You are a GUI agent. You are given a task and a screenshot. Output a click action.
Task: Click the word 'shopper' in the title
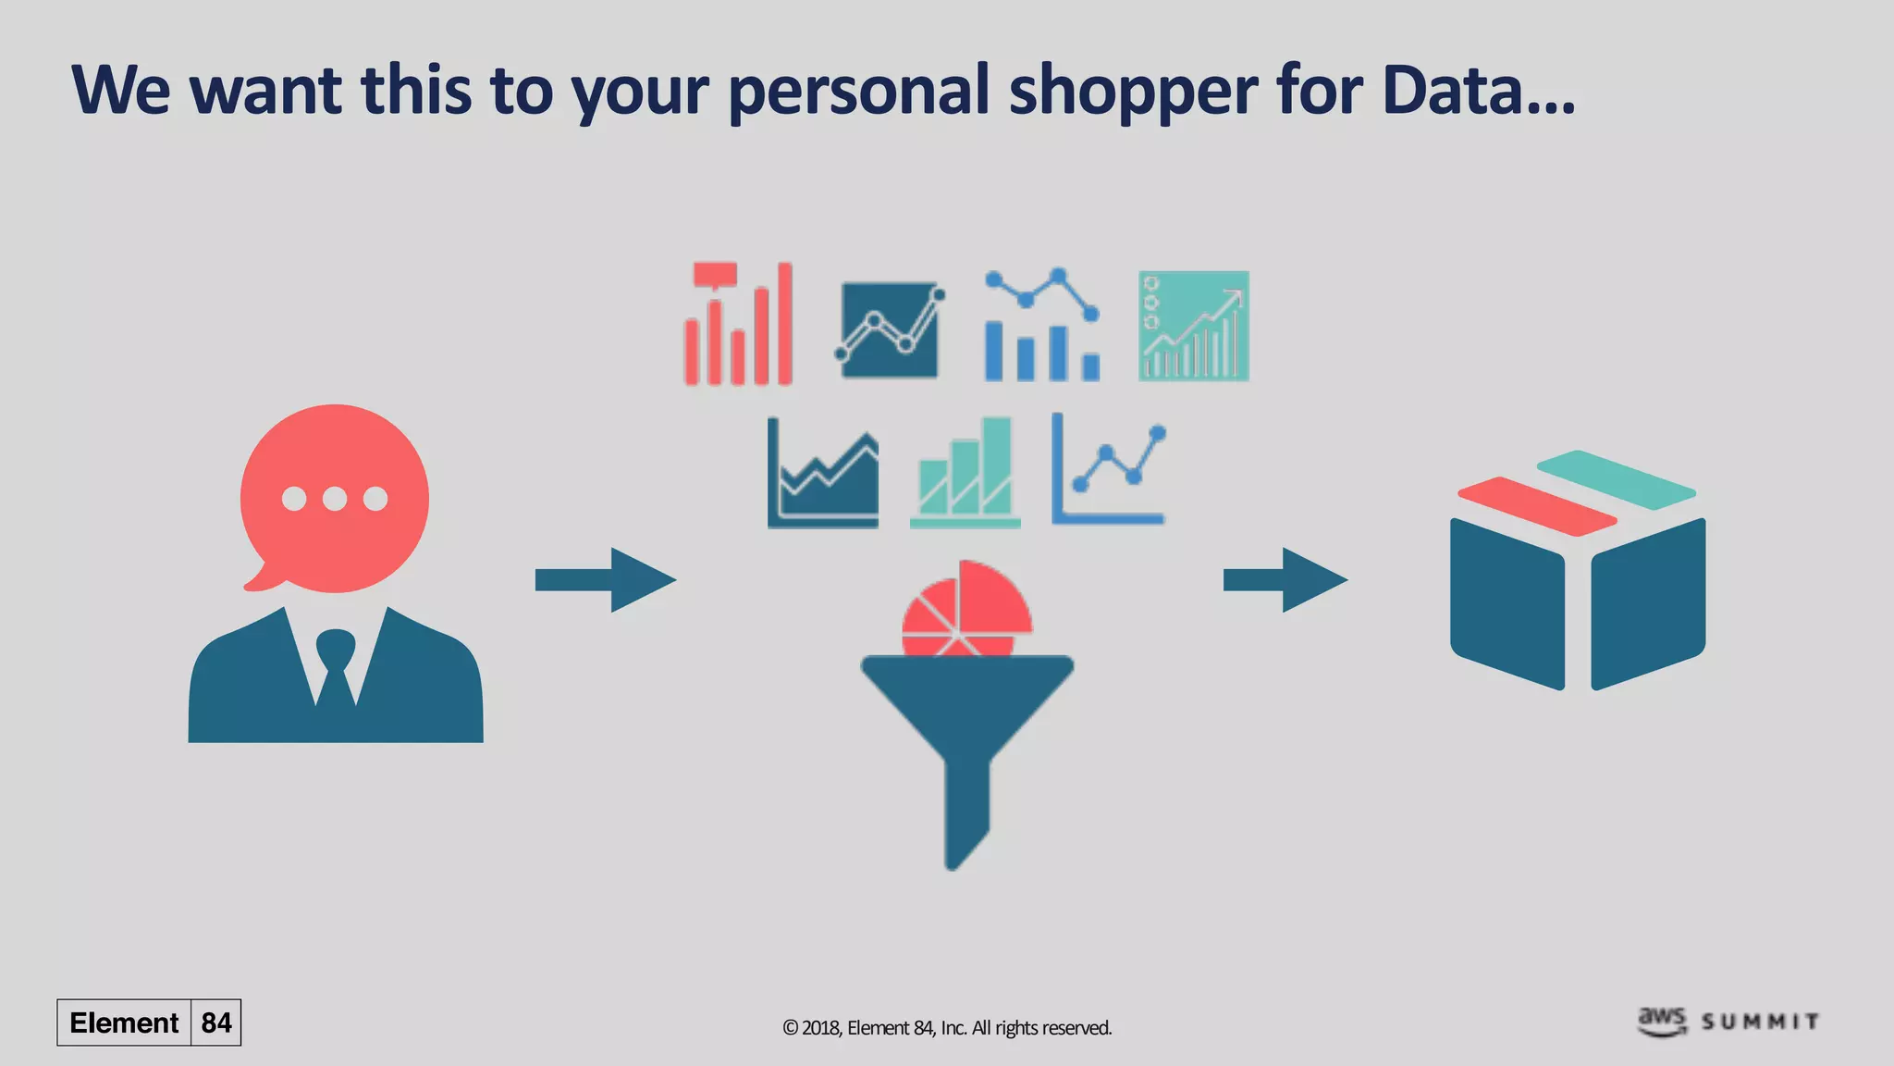coord(1132,91)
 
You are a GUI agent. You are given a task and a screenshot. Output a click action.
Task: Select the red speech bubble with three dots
coord(335,498)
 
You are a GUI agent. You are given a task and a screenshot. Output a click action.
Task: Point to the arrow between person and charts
coord(606,580)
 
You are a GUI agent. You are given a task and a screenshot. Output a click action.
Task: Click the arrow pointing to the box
coord(1285,580)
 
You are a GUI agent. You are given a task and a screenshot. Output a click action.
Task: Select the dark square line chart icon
coord(890,329)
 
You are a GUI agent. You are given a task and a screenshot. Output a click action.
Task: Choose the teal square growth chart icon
coord(1193,326)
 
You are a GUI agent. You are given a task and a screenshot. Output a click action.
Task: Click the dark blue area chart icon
coord(823,474)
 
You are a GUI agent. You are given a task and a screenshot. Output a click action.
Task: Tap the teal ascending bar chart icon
coord(965,474)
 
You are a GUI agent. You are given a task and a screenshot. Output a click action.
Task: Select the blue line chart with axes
coord(1109,470)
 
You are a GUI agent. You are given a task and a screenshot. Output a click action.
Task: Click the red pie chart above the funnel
coord(967,609)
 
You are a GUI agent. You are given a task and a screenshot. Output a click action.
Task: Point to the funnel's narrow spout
coord(966,814)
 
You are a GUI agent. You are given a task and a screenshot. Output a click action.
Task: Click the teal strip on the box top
coord(1617,479)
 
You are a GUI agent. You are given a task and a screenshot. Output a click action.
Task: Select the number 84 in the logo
coord(216,1023)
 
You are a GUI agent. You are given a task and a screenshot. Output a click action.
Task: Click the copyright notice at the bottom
coord(947,1028)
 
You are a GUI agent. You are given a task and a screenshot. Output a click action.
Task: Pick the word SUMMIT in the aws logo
coord(1760,1022)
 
